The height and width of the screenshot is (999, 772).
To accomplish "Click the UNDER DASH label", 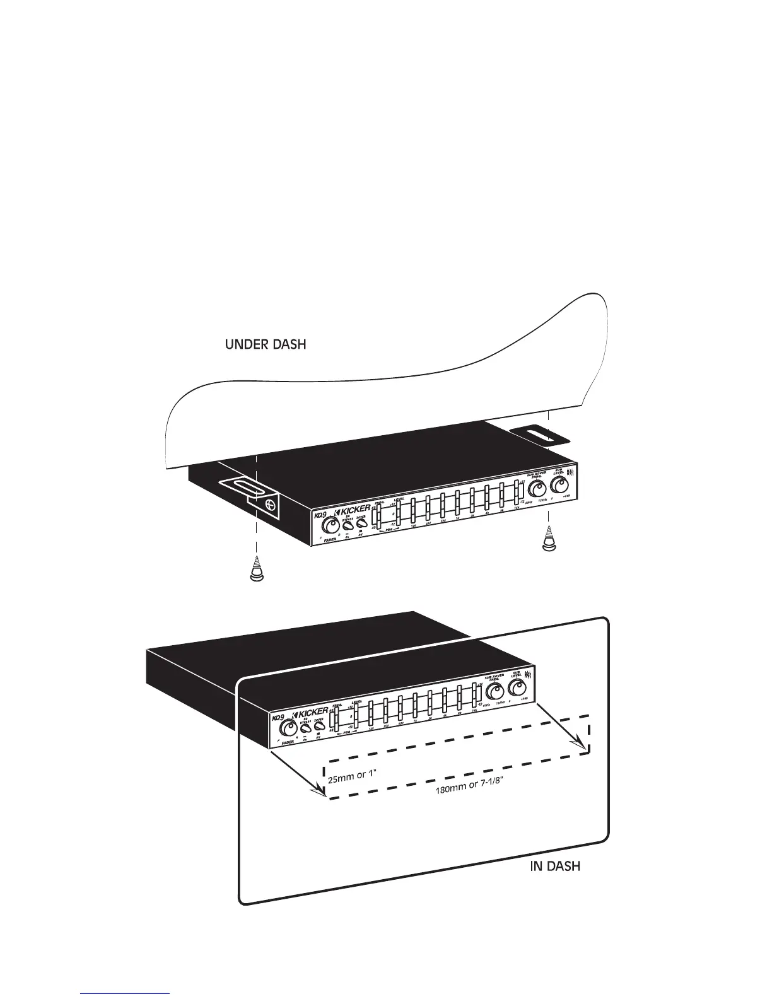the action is (x=266, y=345).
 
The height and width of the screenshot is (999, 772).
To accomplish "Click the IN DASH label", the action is (x=554, y=866).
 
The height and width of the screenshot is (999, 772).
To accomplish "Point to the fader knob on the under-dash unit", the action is (x=328, y=526).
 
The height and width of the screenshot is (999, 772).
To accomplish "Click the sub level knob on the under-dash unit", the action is (x=559, y=486).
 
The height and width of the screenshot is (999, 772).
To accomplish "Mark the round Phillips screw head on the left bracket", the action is (x=270, y=504).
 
